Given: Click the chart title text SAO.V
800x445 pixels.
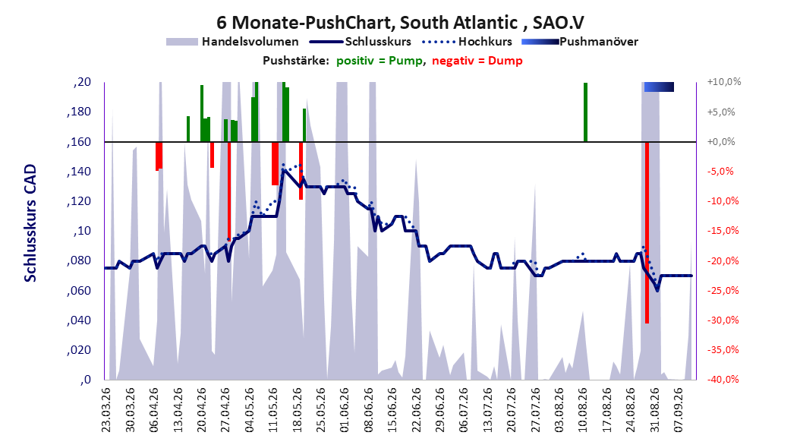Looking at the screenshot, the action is click(558, 23).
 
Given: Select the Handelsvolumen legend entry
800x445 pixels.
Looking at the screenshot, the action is click(232, 42).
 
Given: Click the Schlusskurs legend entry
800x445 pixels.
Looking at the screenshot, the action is click(361, 42).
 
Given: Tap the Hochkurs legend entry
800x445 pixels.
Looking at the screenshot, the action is click(467, 42).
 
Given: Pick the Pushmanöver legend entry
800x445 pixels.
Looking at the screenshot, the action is click(580, 42).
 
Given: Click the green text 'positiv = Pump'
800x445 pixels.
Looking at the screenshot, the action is click(380, 61).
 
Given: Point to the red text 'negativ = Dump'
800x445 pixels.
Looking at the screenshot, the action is click(477, 61).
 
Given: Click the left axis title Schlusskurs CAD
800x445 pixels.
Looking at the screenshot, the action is click(30, 223).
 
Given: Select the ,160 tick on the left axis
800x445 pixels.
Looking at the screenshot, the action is click(79, 142).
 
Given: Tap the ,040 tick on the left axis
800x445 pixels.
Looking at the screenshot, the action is click(79, 320).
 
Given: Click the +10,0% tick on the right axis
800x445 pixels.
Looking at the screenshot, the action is click(724, 82).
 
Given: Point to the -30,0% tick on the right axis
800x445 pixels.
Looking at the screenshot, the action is click(723, 320).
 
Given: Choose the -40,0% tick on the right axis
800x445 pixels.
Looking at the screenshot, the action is click(723, 380).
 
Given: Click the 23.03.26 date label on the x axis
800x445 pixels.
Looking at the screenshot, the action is click(106, 410).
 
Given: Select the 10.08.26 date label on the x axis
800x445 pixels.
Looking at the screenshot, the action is click(582, 410).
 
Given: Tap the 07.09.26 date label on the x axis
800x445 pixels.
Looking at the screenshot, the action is click(678, 410).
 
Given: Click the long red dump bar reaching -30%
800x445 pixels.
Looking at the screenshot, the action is click(647, 232).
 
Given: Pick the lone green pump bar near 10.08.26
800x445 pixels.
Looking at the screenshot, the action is click(586, 112).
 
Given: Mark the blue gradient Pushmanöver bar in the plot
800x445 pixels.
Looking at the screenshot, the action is click(659, 87).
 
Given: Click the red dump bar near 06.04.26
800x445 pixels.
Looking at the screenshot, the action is click(159, 156).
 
